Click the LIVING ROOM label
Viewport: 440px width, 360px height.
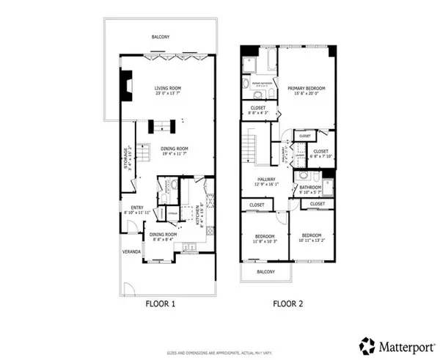tap(168, 89)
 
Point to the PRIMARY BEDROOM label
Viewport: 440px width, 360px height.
tap(306, 88)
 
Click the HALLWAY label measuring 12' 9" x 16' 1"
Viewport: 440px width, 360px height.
tap(266, 179)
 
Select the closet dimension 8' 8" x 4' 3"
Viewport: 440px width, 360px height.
tap(257, 113)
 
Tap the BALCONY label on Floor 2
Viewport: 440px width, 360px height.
tap(265, 272)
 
